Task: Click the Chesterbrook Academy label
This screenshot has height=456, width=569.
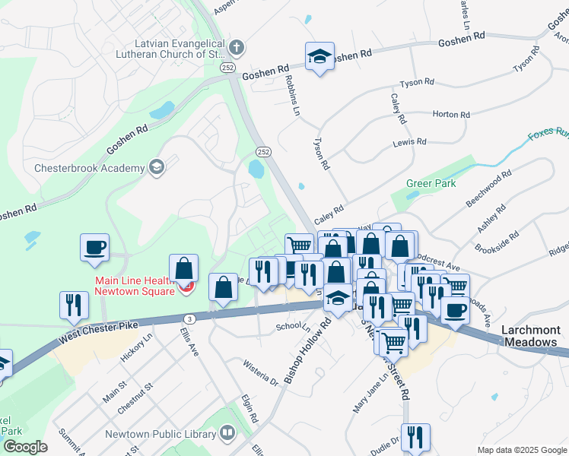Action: click(90, 168)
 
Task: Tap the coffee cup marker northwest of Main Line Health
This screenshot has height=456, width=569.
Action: click(95, 248)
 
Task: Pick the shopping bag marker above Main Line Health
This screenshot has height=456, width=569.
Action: click(183, 269)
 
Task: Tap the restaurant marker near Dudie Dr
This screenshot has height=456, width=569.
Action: click(415, 438)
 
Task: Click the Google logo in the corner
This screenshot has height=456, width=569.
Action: click(24, 447)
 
